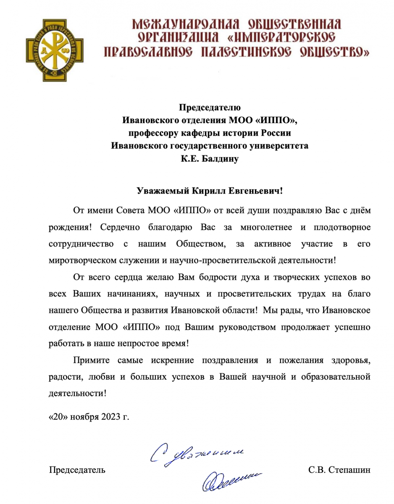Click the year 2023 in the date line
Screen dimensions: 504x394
pos(109,417)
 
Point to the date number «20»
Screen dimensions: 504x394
pos(58,417)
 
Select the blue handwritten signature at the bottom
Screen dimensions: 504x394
pos(229,479)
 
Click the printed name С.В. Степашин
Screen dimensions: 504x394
pos(339,470)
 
